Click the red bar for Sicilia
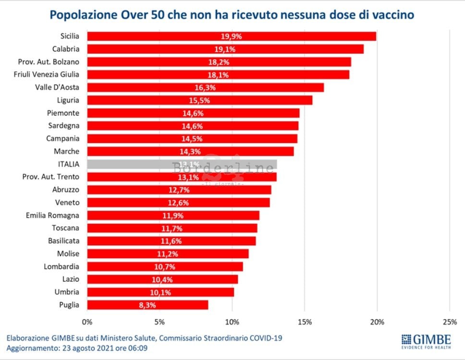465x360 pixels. click(x=231, y=36)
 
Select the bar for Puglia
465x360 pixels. click(x=147, y=305)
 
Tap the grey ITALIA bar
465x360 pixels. click(x=182, y=164)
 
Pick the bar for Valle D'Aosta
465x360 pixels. click(x=205, y=87)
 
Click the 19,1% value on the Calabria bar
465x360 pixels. click(x=224, y=49)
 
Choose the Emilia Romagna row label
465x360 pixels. click(x=52, y=215)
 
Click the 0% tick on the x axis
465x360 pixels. click(x=87, y=321)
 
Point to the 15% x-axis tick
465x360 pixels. click(x=305, y=321)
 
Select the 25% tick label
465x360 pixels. click(x=449, y=321)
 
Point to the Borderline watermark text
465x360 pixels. click(x=223, y=168)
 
